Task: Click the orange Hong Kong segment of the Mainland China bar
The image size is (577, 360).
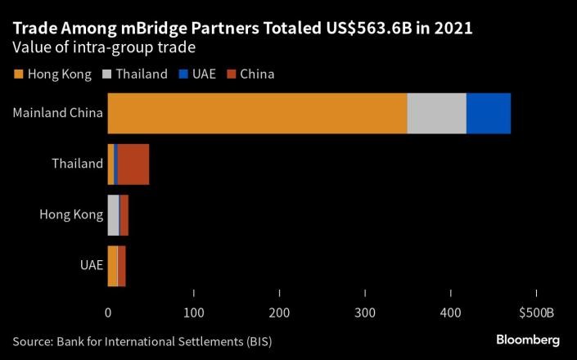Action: click(x=257, y=113)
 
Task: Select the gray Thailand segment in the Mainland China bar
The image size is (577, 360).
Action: click(x=436, y=113)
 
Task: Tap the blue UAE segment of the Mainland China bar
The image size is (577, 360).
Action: click(x=489, y=113)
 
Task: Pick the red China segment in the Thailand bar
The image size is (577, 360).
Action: click(x=133, y=164)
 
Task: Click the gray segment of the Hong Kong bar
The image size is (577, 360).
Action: click(x=113, y=215)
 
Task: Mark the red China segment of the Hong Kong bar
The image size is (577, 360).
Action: click(x=124, y=215)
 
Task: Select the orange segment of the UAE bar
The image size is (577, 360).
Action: click(x=112, y=266)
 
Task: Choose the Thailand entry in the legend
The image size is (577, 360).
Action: click(x=137, y=74)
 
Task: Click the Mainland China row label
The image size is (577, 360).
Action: click(x=57, y=113)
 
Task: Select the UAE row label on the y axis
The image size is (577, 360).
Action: click(x=91, y=266)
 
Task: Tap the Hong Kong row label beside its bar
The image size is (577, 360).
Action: click(x=71, y=215)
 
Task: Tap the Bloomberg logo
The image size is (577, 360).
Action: click(x=528, y=340)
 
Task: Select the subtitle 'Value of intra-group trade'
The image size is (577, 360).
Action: click(x=102, y=47)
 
